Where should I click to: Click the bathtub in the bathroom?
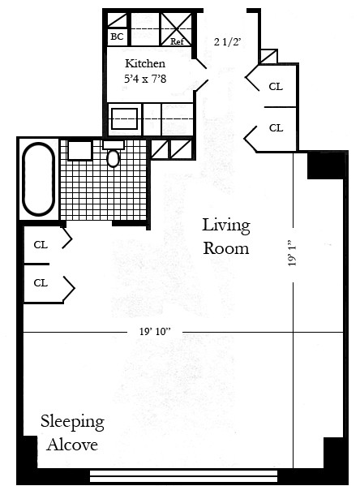38,179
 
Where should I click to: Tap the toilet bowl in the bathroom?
113,157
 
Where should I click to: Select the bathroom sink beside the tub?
79,150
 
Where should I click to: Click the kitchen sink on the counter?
124,118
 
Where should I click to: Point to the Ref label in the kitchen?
177,41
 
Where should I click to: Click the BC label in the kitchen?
117,37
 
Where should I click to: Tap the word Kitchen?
145,63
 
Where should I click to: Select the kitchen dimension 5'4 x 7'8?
145,79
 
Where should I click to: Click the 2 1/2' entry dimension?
227,41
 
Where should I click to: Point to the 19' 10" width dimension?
155,332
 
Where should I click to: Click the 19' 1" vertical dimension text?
292,252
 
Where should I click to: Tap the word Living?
226,226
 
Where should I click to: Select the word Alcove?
72,445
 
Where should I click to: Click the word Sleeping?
72,422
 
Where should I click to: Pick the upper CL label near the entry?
276,87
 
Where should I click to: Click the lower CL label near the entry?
276,127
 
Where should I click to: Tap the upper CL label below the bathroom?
41,245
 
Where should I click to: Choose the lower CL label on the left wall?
41,282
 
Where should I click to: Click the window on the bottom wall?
183,475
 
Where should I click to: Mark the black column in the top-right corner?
325,166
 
